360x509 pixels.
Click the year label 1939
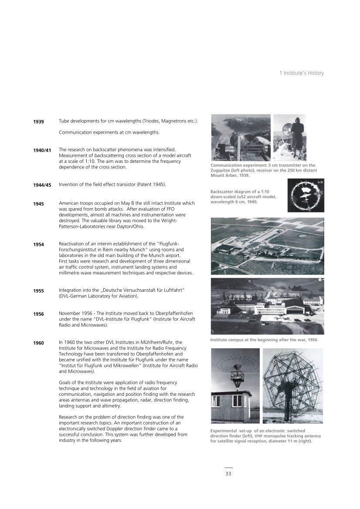point(38,122)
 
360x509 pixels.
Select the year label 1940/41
point(42,150)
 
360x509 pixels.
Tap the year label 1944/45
point(42,185)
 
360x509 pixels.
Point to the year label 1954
point(38,245)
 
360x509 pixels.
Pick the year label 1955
point(38,291)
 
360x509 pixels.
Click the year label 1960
point(38,343)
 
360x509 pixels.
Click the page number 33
point(228,474)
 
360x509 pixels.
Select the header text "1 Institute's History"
point(302,73)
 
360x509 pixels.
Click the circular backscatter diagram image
point(305,196)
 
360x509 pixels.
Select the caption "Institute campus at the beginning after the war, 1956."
point(264,340)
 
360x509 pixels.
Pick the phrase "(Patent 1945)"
point(149,185)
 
